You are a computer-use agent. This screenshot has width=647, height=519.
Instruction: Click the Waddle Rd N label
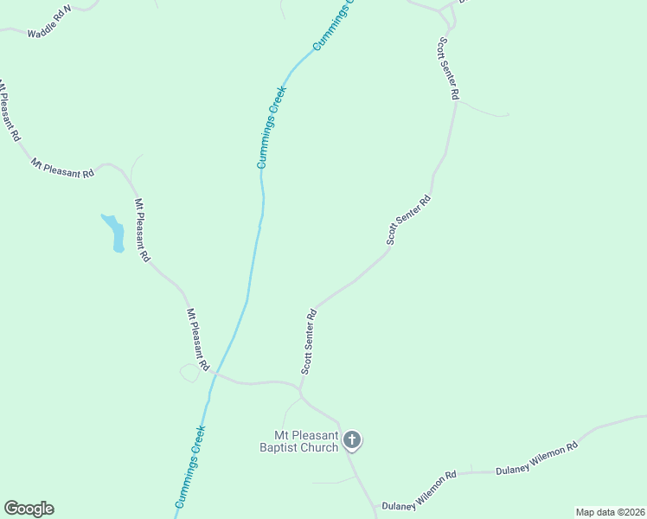(x=49, y=20)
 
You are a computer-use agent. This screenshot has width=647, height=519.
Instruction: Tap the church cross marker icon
(x=352, y=440)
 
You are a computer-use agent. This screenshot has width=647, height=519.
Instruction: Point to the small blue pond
(x=114, y=233)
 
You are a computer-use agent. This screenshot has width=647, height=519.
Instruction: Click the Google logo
(x=29, y=509)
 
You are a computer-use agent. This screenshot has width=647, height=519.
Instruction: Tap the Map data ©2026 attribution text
(x=610, y=512)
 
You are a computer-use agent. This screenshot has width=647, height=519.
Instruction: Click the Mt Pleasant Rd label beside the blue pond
(x=142, y=231)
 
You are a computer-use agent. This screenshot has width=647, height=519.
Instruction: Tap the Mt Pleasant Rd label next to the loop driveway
(x=198, y=340)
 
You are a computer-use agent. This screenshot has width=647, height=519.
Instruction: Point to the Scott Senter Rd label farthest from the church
(x=447, y=68)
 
